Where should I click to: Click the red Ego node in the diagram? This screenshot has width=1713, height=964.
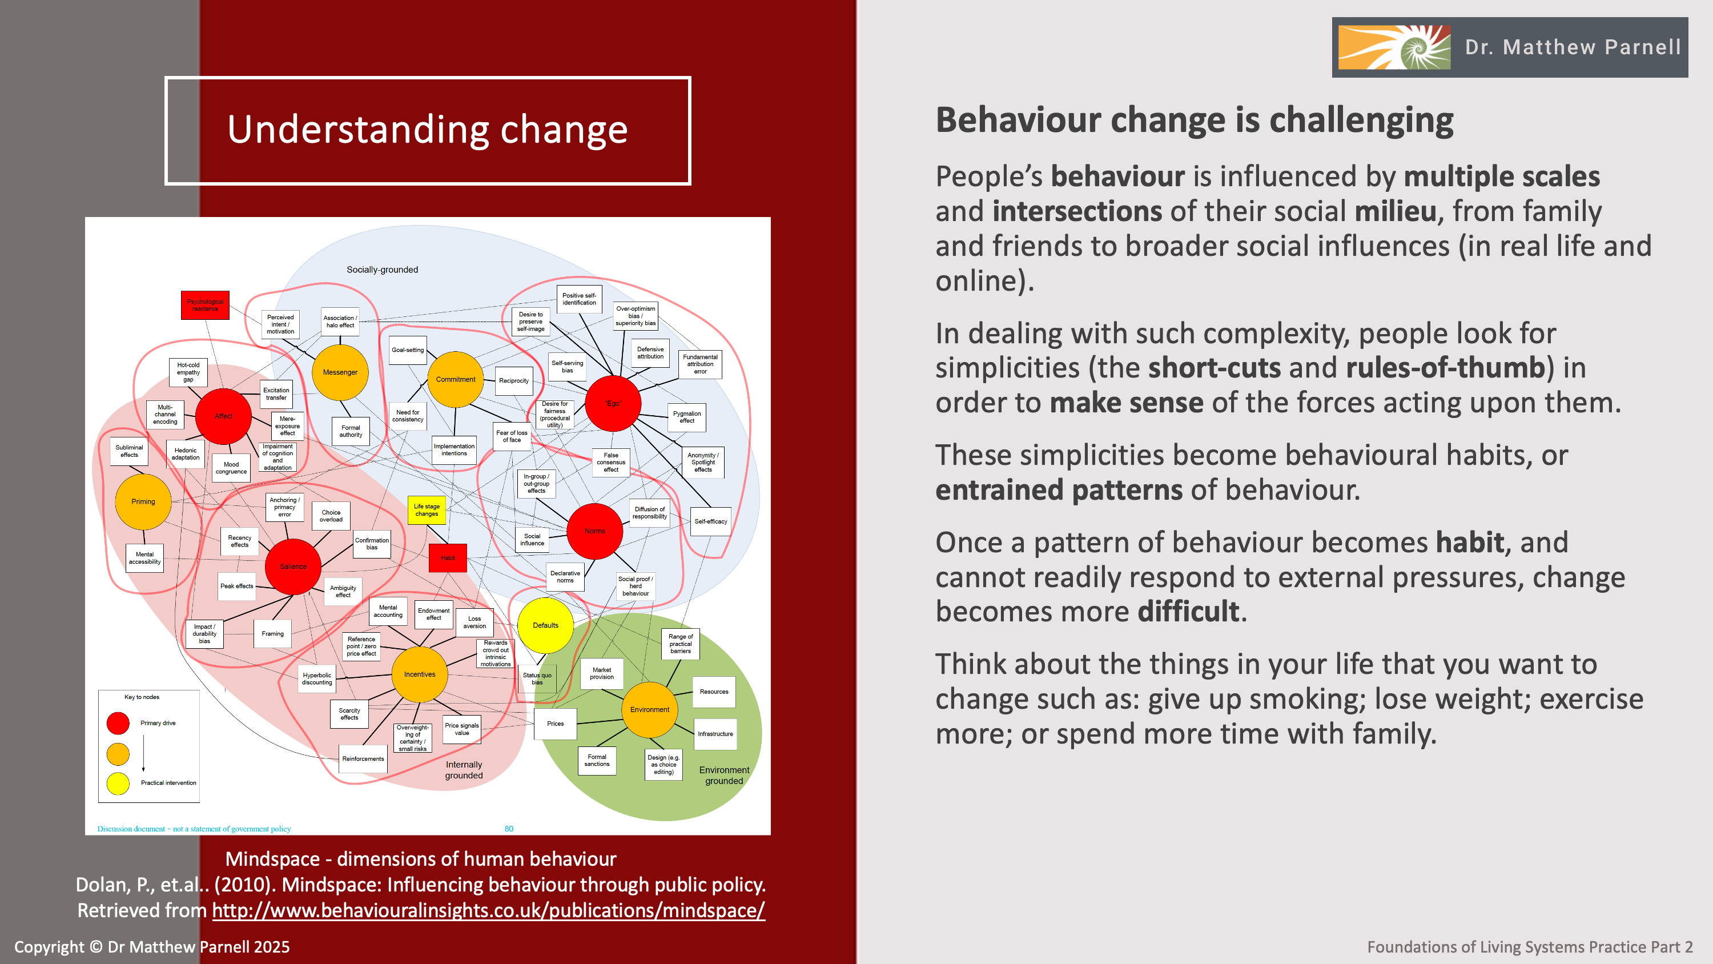click(613, 403)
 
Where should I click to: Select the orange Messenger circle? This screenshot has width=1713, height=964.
click(340, 372)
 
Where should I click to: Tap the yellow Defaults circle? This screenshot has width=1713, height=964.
click(545, 625)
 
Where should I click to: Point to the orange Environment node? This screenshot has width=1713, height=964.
click(650, 709)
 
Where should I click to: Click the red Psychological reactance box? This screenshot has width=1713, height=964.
click(205, 306)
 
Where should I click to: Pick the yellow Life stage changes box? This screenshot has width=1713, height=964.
click(427, 511)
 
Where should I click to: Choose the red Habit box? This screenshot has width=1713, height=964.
click(448, 558)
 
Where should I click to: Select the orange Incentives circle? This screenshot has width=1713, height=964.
click(420, 674)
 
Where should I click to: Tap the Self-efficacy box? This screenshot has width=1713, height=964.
click(711, 521)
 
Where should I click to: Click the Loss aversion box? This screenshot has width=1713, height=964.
click(474, 622)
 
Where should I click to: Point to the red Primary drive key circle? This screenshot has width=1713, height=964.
click(118, 723)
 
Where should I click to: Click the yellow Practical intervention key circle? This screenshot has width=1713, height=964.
click(118, 783)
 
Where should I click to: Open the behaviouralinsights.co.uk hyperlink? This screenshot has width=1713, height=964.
click(489, 910)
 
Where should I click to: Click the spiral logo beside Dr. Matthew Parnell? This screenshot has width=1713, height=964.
click(1394, 47)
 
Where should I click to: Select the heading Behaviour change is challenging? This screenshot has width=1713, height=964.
click(1195, 120)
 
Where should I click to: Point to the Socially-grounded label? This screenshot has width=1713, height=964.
click(383, 270)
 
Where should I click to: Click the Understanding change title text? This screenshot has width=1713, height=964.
click(428, 130)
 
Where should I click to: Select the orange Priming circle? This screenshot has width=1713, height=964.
click(143, 501)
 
